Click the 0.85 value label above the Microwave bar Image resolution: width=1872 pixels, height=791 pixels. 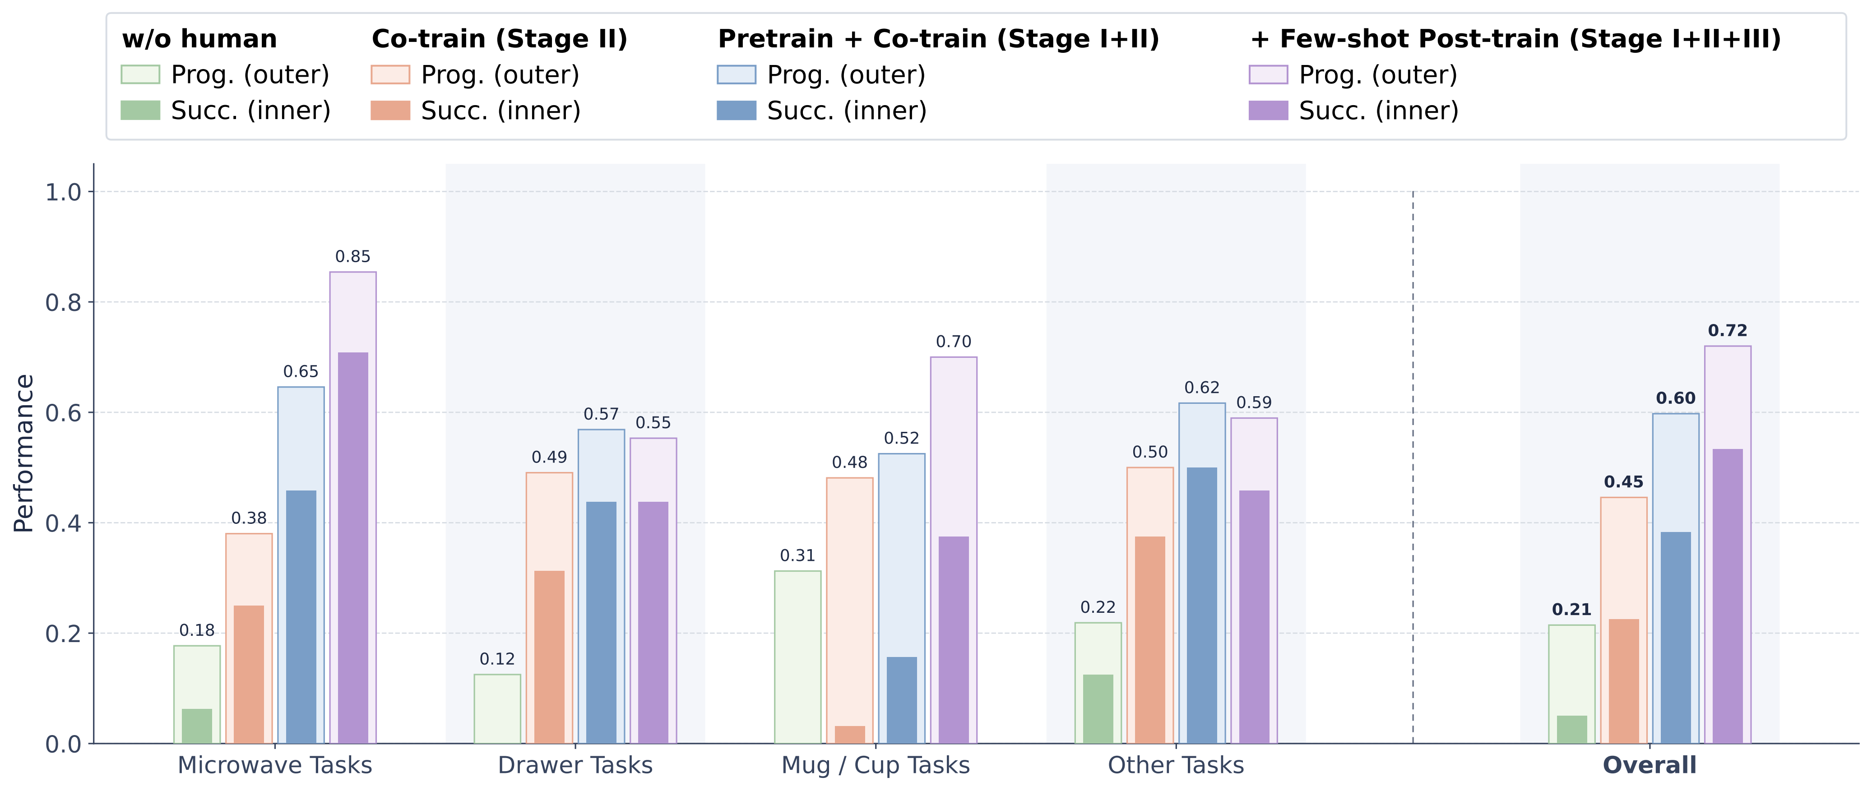coord(352,256)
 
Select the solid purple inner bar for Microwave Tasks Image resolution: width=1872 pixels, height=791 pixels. coord(353,548)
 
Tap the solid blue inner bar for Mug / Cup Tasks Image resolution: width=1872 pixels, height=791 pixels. coord(902,700)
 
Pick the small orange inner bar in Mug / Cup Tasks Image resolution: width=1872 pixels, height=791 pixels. coord(849,734)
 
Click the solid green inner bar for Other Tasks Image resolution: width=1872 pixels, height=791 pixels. coord(1098,709)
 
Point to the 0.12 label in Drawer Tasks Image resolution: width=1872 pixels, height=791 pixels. coord(497,659)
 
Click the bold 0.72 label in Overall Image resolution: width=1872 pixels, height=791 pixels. coord(1728,330)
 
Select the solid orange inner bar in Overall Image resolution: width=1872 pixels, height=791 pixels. coord(1624,681)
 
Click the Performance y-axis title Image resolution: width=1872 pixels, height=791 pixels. coord(24,453)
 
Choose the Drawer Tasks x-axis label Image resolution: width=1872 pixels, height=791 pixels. coord(575,766)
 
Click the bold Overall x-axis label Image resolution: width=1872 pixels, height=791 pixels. coord(1650,766)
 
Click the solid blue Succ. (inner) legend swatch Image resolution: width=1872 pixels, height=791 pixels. coord(736,111)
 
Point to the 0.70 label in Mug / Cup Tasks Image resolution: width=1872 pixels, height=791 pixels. coord(954,342)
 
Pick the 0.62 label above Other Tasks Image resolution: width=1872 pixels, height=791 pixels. coord(1202,388)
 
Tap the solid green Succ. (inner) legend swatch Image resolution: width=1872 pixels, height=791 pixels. coord(140,111)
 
